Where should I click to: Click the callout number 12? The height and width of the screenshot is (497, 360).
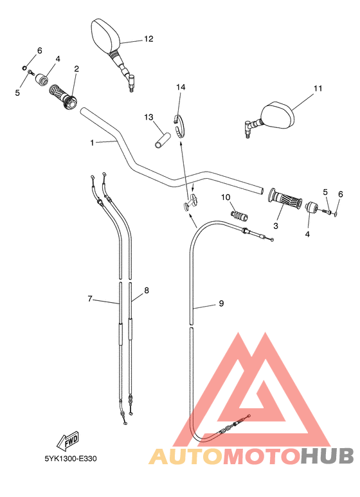click(148, 39)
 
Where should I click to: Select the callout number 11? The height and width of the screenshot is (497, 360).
click(317, 89)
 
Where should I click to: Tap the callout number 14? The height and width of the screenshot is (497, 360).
click(181, 87)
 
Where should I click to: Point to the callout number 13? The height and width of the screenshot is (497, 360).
click(148, 118)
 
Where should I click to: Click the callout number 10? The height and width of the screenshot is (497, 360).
click(226, 197)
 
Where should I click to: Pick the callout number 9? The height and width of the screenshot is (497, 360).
click(221, 303)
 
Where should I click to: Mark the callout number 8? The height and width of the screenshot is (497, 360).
click(147, 291)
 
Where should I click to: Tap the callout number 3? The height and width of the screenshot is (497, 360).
click(276, 226)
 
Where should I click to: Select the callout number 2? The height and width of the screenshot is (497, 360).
click(76, 69)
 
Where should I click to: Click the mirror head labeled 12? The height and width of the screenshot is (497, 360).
click(105, 37)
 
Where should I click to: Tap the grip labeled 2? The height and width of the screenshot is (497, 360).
click(63, 96)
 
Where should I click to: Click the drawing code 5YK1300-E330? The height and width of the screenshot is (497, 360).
click(70, 460)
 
